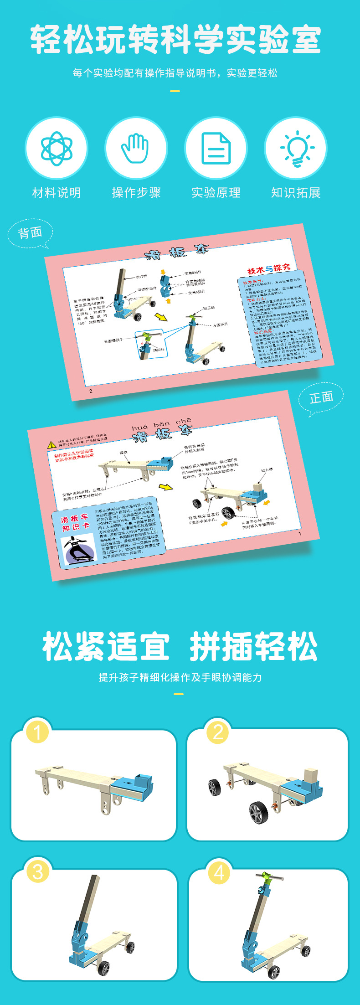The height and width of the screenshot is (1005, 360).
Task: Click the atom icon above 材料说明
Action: (x=57, y=148)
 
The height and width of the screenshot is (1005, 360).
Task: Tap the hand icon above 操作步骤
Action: (x=136, y=148)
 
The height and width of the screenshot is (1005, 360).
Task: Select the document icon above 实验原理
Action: (x=216, y=148)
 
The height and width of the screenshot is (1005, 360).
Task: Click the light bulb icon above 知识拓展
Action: (x=296, y=148)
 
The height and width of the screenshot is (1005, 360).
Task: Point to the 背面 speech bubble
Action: (x=30, y=233)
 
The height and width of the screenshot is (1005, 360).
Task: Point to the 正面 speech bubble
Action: (x=321, y=398)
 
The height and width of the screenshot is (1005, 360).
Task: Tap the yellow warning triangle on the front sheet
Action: (x=52, y=444)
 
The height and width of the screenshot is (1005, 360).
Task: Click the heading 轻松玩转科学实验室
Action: (x=176, y=40)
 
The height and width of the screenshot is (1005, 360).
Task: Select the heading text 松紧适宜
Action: (x=106, y=647)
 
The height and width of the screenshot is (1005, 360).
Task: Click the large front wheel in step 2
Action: (x=258, y=812)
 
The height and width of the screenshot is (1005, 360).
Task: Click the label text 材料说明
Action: (x=57, y=193)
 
